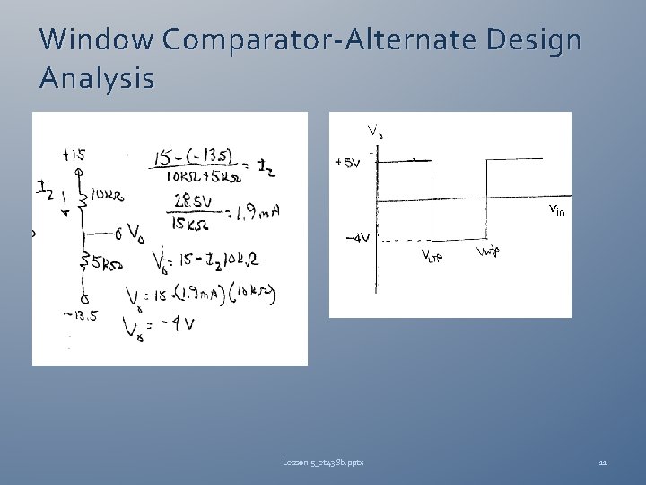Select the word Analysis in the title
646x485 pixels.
tap(97, 79)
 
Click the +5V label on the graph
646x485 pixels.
tap(348, 163)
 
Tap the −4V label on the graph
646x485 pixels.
tap(358, 239)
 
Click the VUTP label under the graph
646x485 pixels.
tap(489, 251)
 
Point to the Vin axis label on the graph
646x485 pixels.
tap(556, 210)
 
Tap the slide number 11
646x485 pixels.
tap(603, 462)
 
